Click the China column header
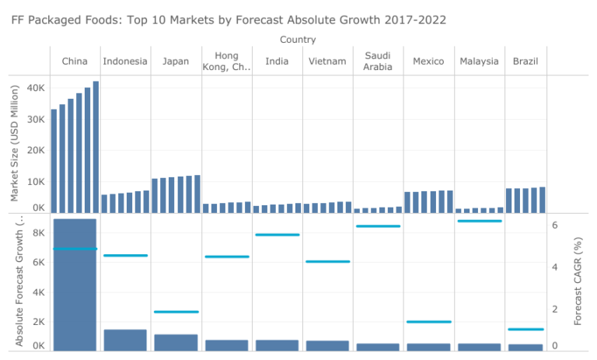[75, 61]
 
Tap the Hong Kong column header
[225, 61]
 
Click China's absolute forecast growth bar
[75, 285]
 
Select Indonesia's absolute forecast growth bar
[125, 340]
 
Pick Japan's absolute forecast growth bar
[176, 342]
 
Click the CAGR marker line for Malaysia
[480, 222]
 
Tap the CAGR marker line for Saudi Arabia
[378, 226]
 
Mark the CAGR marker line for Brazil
[525, 330]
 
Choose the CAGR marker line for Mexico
[428, 322]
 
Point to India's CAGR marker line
[278, 235]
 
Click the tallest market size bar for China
[96, 147]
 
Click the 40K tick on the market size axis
[36, 89]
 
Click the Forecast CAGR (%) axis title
[578, 281]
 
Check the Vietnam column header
[327, 61]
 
